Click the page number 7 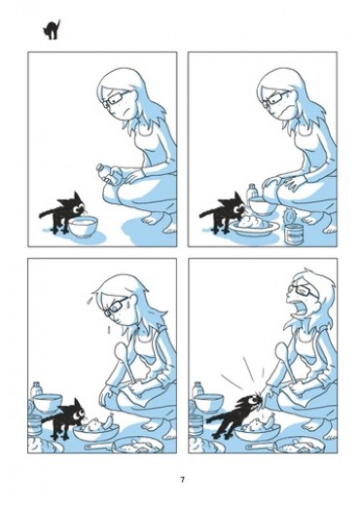click(x=182, y=480)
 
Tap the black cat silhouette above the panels click(x=52, y=30)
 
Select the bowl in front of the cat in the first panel click(x=84, y=226)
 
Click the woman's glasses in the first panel click(x=114, y=98)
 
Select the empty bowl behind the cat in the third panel click(x=48, y=403)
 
